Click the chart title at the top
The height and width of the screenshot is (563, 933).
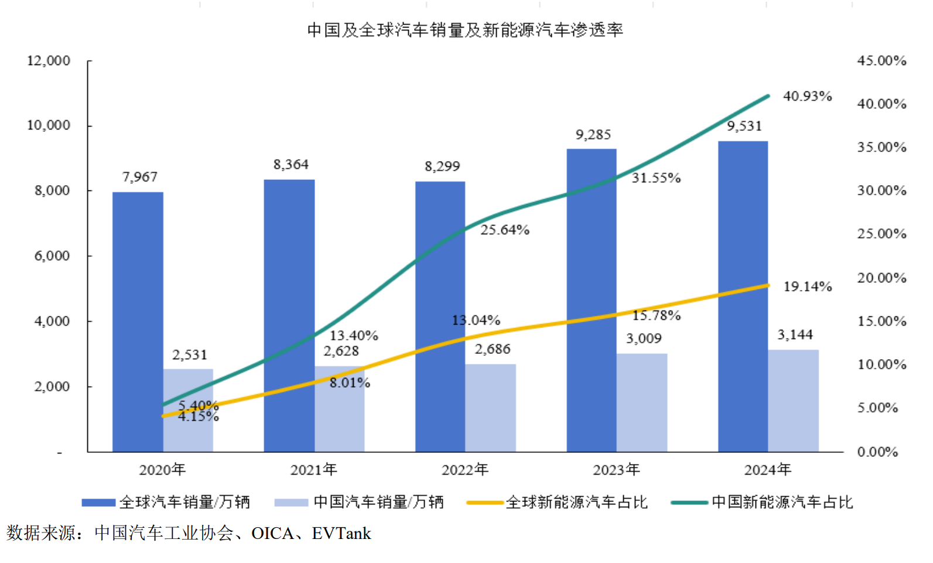(x=465, y=30)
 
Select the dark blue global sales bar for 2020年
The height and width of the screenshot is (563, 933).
(x=138, y=322)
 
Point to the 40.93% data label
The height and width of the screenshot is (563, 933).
(x=807, y=96)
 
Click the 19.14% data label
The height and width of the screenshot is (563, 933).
(x=807, y=286)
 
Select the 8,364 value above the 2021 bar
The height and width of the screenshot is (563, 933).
(x=291, y=165)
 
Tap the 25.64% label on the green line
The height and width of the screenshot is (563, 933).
(x=505, y=230)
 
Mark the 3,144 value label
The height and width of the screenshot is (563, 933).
(x=795, y=335)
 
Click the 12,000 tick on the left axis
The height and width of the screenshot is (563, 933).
(x=49, y=60)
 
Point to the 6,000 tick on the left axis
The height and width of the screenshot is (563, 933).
(x=52, y=256)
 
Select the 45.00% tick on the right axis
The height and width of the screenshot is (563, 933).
(x=881, y=60)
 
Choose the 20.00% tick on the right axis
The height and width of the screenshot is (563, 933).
(x=881, y=278)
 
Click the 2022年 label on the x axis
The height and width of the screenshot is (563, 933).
(x=464, y=469)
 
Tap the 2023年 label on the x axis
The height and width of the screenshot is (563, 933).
(x=616, y=469)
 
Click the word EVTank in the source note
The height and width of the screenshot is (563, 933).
(x=341, y=533)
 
